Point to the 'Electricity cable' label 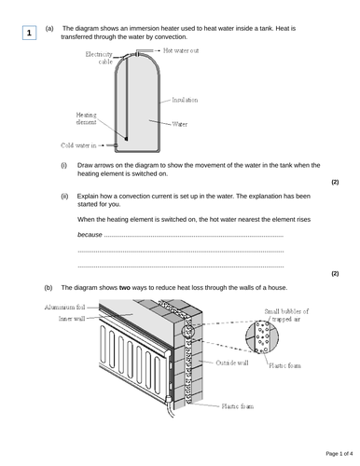pyautogui.click(x=98, y=59)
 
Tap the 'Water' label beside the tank pyautogui.click(x=179, y=121)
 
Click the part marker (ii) pyautogui.click(x=64, y=196)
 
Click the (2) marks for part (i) pyautogui.click(x=335, y=183)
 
